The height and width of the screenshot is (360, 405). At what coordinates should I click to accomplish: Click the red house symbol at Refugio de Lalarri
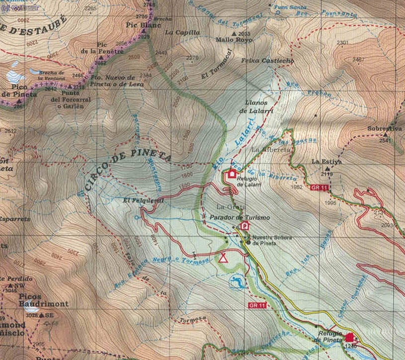tap(232, 174)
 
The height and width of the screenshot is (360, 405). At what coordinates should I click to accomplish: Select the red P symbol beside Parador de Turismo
tap(244, 226)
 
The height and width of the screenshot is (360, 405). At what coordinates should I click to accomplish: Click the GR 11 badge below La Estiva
tap(320, 187)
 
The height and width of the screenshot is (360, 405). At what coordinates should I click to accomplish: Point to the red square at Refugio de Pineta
tap(350, 337)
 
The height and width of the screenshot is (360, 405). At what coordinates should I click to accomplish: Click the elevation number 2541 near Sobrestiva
tap(385, 140)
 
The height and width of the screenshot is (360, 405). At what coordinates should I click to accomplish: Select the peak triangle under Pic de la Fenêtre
tap(98, 58)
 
